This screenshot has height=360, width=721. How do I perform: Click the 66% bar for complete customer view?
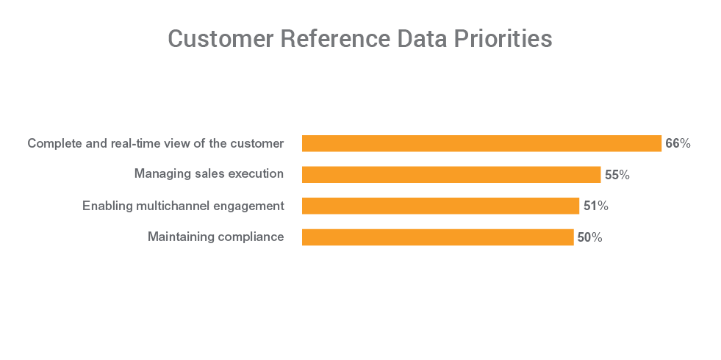point(481,143)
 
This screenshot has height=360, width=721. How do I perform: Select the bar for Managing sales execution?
point(451,175)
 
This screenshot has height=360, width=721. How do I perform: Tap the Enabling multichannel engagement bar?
point(440,206)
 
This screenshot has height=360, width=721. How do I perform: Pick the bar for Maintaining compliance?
point(437,237)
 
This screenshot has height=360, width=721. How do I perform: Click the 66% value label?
point(678,143)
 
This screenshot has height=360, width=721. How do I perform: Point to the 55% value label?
point(617,175)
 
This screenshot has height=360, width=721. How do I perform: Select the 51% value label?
point(595,206)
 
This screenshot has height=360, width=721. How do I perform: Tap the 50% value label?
point(589,237)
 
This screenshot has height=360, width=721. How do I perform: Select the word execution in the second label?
point(254,174)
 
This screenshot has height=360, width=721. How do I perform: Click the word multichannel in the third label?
point(173,206)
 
